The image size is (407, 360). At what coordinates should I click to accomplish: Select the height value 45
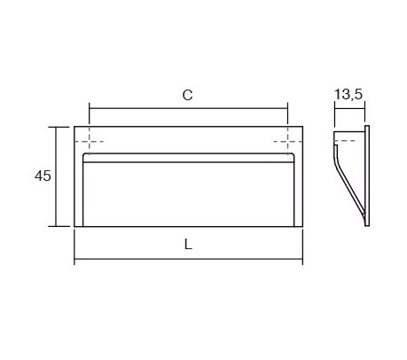tap(42, 176)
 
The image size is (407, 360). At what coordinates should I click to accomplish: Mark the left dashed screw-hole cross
tap(90, 142)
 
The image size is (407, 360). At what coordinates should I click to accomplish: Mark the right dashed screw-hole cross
tap(288, 142)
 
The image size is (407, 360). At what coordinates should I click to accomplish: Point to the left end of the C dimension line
tap(90, 109)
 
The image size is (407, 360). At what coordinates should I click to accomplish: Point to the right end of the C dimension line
tap(288, 109)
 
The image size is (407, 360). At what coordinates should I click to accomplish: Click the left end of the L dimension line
tap(74, 261)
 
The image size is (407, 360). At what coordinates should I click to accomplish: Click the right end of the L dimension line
tap(303, 261)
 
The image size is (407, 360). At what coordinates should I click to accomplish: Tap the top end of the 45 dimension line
tap(59, 127)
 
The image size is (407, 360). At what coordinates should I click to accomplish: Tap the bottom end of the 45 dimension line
tap(59, 227)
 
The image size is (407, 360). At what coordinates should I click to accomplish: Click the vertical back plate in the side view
tap(365, 177)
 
